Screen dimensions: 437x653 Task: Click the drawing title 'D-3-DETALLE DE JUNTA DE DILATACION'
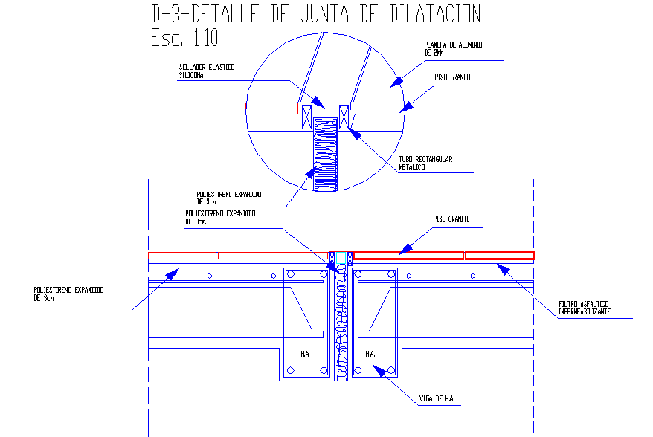click(315, 14)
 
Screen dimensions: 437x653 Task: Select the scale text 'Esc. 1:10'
click(184, 38)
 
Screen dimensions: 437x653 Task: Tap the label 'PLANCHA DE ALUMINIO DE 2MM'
click(453, 49)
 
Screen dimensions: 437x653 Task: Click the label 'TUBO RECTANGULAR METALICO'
click(425, 164)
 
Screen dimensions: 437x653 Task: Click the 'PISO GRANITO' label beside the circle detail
click(454, 77)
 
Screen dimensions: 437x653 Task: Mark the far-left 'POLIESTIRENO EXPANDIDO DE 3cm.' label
click(68, 294)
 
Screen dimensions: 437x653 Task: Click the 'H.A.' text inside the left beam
click(305, 353)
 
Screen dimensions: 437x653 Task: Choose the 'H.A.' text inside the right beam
click(370, 353)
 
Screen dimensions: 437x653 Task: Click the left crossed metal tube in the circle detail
click(306, 115)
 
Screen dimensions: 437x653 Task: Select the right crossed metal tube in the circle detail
click(344, 115)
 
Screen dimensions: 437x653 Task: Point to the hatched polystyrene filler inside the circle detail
click(326, 155)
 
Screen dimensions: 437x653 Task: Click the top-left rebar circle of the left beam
click(292, 275)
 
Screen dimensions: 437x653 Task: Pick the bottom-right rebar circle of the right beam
click(388, 370)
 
